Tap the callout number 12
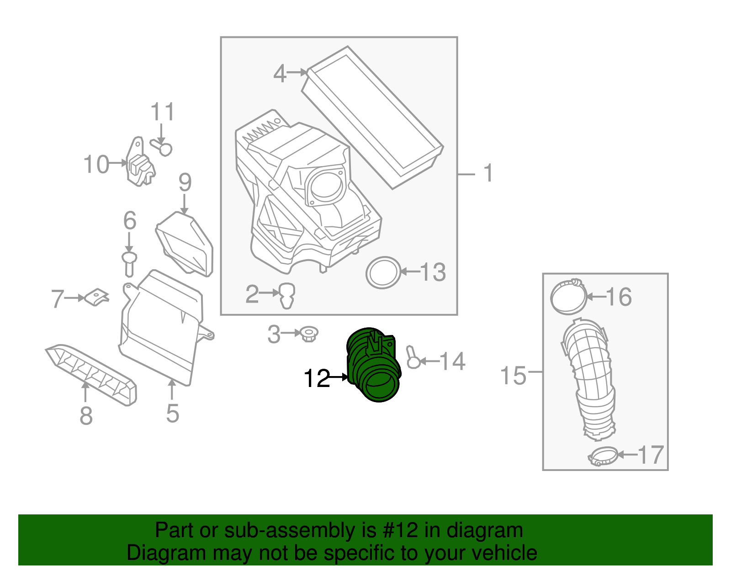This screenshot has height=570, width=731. point(317,378)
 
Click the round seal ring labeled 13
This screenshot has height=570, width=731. point(383,272)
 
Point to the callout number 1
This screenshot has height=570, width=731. point(488,173)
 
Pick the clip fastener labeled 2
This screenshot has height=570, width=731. point(287,295)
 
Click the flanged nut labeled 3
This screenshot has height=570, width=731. point(309,335)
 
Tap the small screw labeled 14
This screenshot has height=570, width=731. point(413,358)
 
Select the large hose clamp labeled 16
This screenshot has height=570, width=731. point(568,297)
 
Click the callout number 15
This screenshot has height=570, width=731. point(513,376)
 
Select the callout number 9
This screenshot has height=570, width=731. point(185,183)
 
